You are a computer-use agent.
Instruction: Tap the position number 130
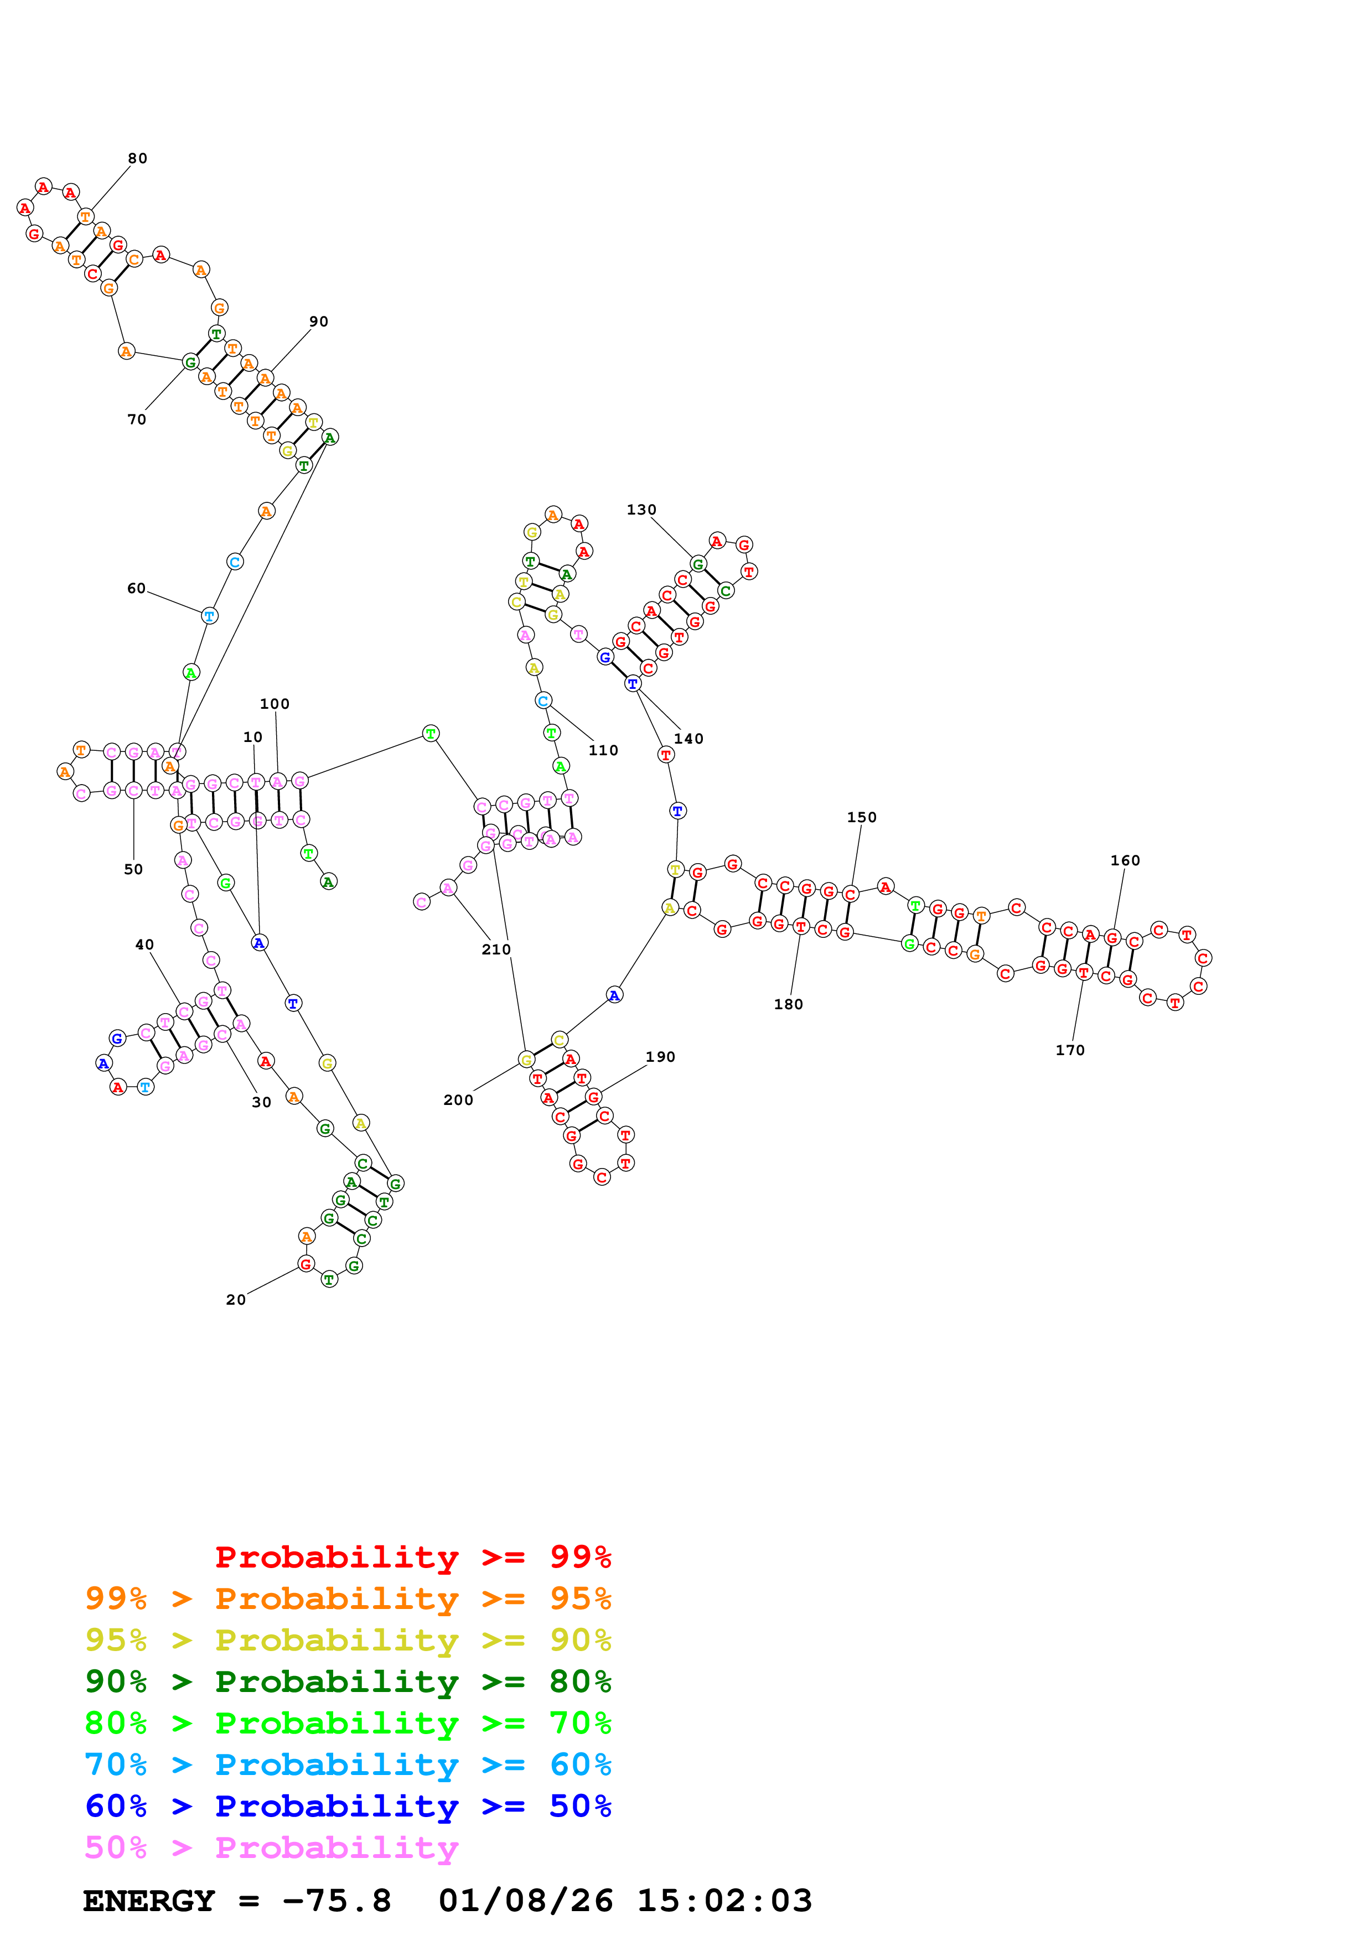(x=641, y=510)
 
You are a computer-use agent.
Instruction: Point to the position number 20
(x=236, y=1299)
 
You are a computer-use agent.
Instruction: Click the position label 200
(x=458, y=1100)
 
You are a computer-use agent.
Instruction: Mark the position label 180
(x=788, y=1004)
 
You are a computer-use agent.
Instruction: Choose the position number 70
(x=136, y=419)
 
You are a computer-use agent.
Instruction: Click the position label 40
(x=144, y=945)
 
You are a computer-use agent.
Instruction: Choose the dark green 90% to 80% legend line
(x=348, y=1681)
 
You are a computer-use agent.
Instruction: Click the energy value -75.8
(x=336, y=1901)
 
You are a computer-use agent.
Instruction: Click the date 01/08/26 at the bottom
(x=525, y=1901)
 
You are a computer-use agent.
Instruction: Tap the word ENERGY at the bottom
(x=149, y=1901)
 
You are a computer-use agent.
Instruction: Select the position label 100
(x=274, y=704)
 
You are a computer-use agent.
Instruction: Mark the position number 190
(x=660, y=1057)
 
